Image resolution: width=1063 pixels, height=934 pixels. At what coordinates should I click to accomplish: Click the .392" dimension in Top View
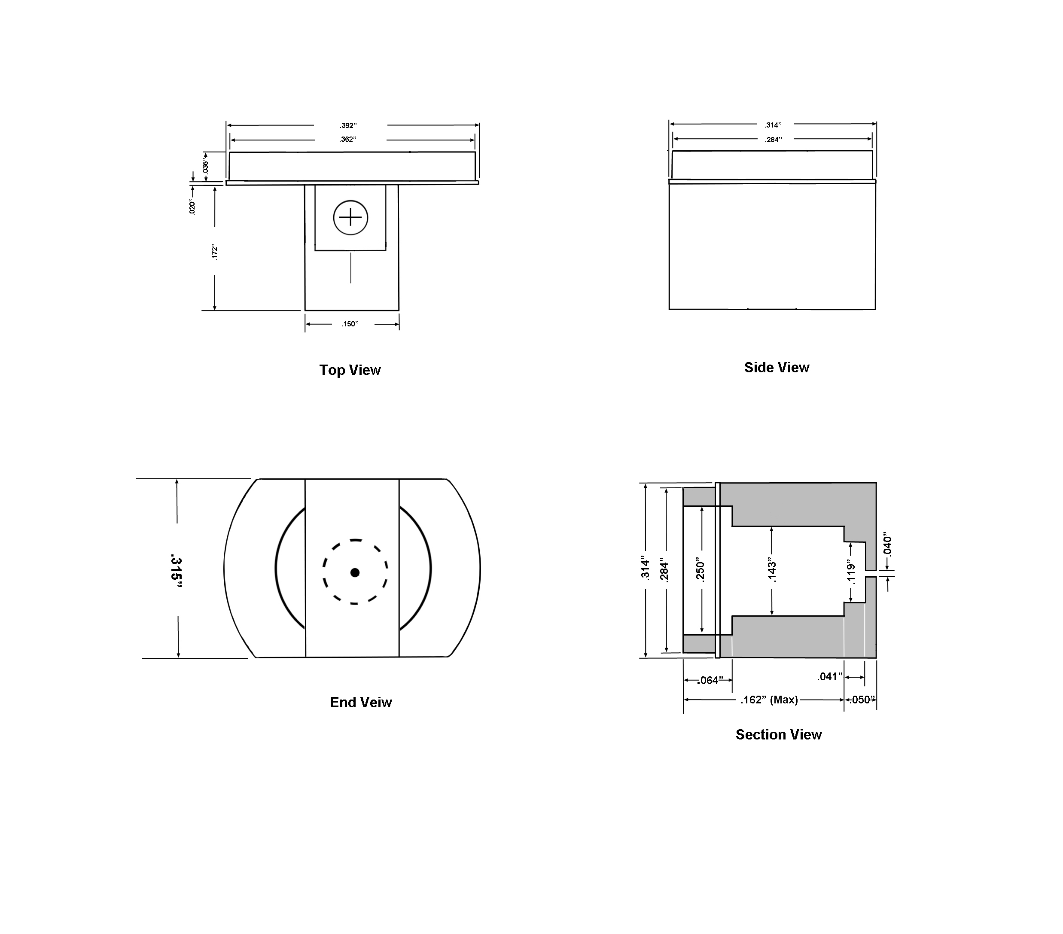(x=348, y=125)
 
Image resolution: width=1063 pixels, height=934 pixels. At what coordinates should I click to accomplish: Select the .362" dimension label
(x=348, y=140)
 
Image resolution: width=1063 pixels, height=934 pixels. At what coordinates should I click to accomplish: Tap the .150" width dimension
(x=350, y=324)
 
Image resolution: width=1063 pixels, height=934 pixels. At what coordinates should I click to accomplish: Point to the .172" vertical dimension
(x=214, y=252)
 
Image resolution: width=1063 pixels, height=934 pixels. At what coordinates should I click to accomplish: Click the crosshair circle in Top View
(x=350, y=217)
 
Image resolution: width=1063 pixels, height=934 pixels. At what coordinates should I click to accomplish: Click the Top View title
(x=350, y=370)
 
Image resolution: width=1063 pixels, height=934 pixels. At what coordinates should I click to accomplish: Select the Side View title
(x=777, y=368)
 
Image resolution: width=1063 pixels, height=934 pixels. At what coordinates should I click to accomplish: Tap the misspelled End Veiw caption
(x=361, y=702)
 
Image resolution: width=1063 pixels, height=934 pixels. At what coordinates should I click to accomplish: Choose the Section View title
(x=779, y=734)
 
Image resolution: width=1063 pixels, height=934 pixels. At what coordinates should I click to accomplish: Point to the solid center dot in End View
(x=355, y=572)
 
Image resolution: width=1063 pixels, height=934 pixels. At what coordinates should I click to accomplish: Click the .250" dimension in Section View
(x=701, y=570)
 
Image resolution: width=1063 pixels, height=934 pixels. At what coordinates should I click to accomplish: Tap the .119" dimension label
(x=851, y=572)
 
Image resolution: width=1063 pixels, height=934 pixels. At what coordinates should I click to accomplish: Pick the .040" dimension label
(x=888, y=544)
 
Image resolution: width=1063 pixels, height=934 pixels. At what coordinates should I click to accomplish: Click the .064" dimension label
(x=710, y=680)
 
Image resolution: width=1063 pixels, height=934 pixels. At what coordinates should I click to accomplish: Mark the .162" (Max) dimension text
(x=769, y=700)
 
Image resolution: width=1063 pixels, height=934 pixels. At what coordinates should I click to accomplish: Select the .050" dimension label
(x=862, y=700)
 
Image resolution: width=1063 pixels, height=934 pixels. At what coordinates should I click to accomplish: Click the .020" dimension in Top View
(x=192, y=207)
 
